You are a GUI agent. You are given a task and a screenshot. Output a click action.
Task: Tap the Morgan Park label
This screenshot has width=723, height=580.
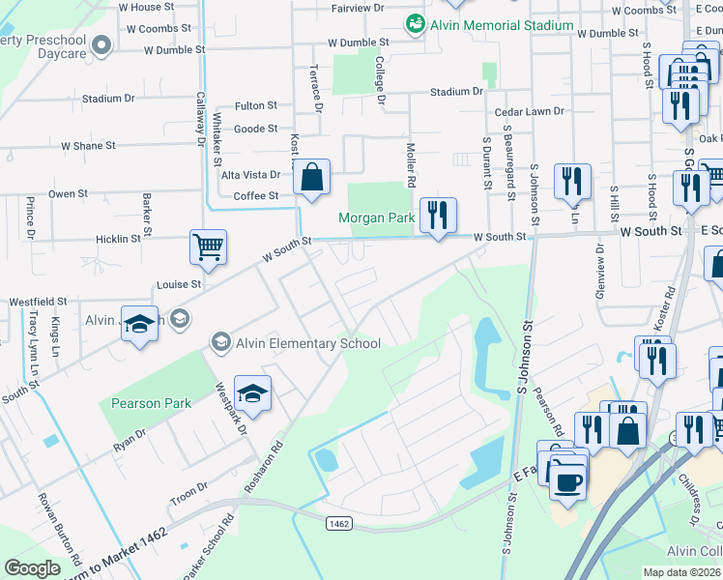coord(376,217)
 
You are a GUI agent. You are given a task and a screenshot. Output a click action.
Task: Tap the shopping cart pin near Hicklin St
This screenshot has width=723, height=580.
coord(209,246)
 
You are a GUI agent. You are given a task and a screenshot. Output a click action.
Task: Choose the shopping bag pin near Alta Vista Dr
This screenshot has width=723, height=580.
coord(311,179)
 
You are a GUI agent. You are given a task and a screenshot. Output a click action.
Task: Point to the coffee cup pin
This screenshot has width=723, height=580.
coord(567,479)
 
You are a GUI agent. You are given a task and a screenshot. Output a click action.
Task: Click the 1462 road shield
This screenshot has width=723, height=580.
coord(338,524)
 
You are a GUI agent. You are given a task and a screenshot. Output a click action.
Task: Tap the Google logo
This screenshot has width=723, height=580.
coord(33,568)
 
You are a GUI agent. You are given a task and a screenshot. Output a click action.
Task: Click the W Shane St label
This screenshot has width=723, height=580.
coord(88,146)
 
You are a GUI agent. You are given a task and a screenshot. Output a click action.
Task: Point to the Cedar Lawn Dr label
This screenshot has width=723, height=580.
coord(531,111)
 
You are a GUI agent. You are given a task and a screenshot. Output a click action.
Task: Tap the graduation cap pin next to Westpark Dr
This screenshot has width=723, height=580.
coord(252,394)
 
